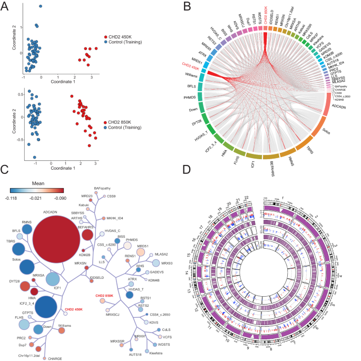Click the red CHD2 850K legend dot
pos(107,122)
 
